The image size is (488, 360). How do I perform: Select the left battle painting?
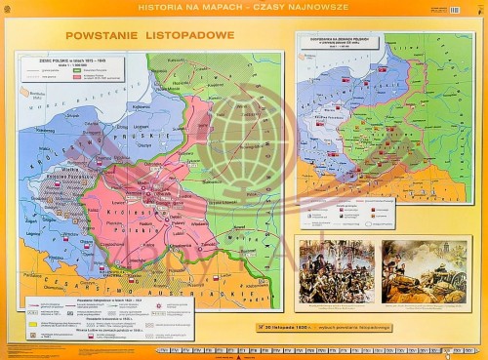336,270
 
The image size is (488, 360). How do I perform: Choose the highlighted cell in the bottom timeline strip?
448,349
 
